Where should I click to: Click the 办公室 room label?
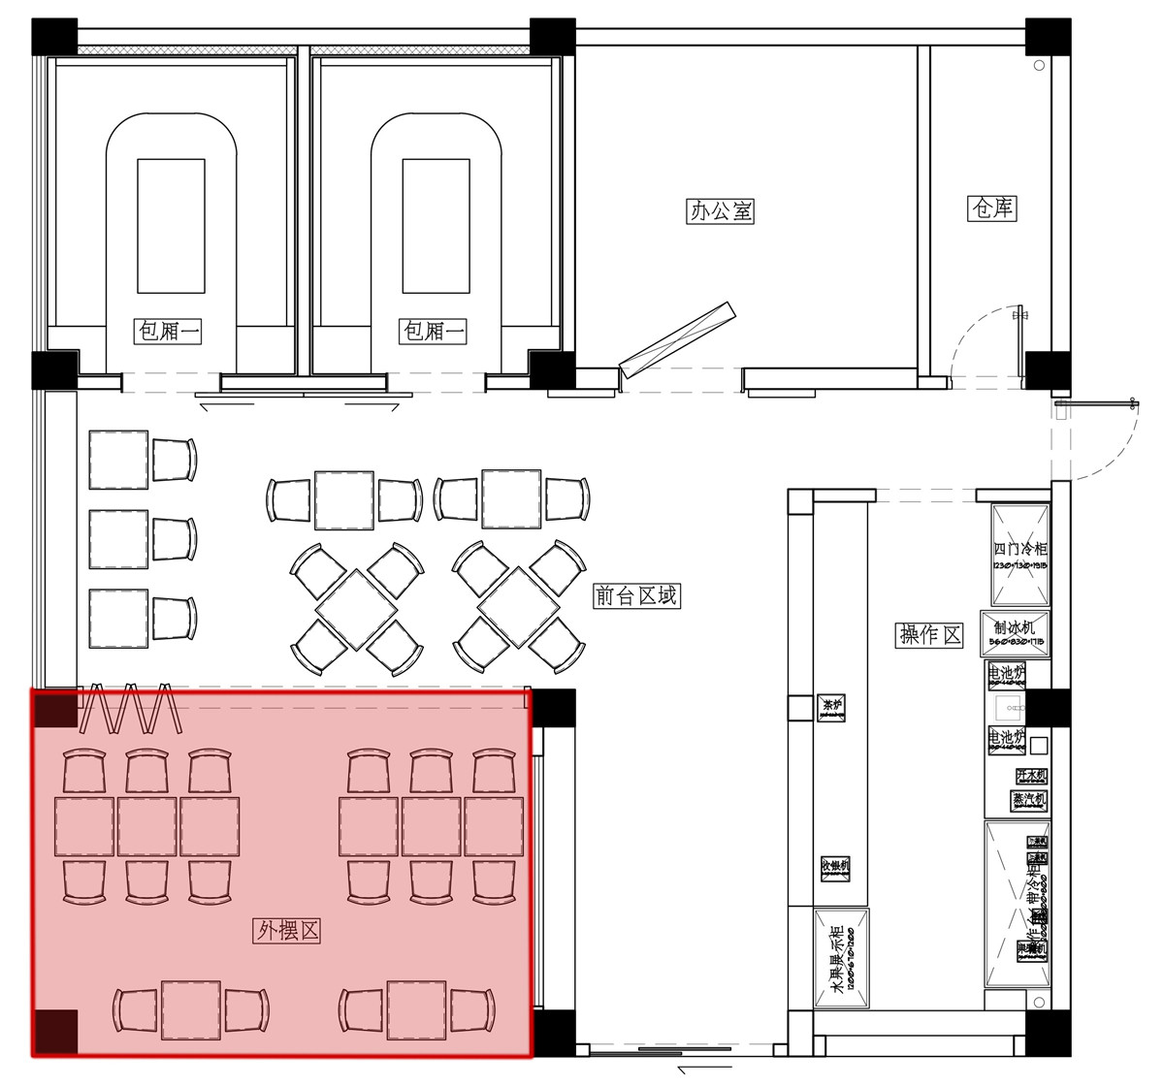coord(720,210)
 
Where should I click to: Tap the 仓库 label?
coord(992,208)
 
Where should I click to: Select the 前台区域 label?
coord(636,595)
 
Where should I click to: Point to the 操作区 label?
coord(929,635)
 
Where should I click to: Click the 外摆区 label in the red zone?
coord(287,931)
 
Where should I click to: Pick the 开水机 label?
coord(1030,776)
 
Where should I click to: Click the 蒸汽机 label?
coord(1029,801)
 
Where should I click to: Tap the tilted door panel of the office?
coord(678,339)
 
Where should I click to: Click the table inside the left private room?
coord(171,226)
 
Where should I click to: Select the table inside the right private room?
coord(436,226)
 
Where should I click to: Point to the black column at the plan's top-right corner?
coord(1049,37)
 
